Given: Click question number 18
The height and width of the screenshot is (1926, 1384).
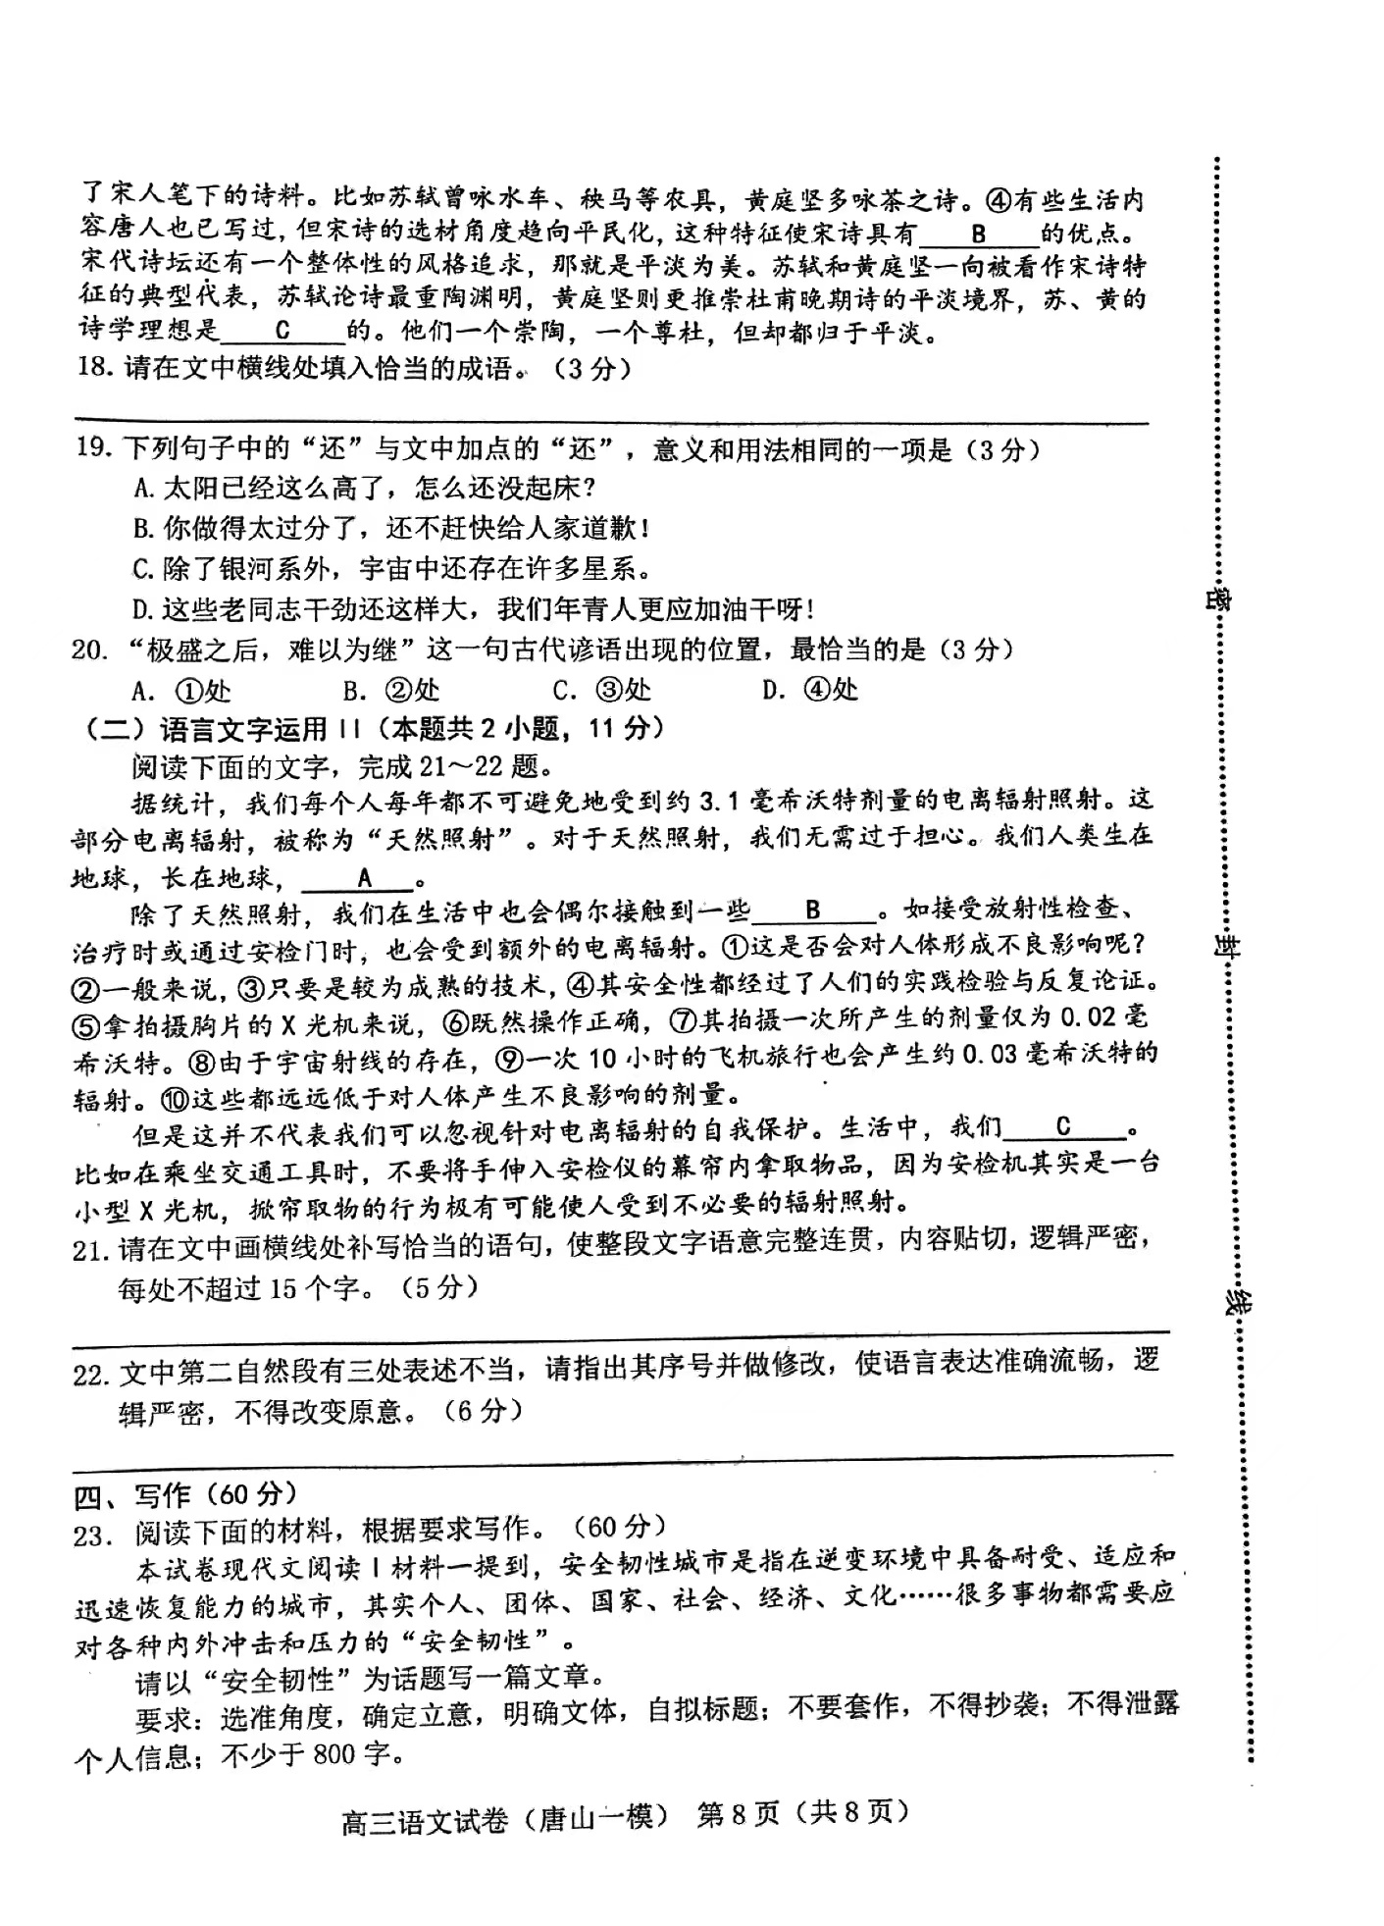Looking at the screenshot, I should click(x=95, y=370).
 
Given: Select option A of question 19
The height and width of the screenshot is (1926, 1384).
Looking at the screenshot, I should click(x=364, y=488).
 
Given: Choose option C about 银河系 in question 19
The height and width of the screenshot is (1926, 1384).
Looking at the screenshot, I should click(x=391, y=568).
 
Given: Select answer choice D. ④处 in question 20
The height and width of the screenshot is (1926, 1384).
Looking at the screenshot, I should click(x=810, y=690).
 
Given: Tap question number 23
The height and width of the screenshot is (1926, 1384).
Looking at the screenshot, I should click(x=90, y=1535).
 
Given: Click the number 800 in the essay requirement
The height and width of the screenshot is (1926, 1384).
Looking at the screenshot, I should click(x=333, y=1753).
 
